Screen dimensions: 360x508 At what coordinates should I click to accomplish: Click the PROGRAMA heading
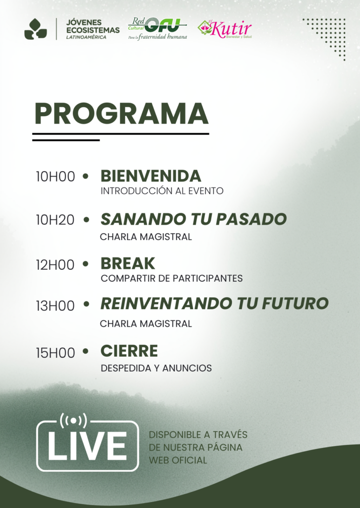pyautogui.click(x=121, y=114)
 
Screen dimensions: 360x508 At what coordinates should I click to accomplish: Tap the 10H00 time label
pyautogui.click(x=56, y=177)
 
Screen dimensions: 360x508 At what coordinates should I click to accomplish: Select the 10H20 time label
pyautogui.click(x=56, y=220)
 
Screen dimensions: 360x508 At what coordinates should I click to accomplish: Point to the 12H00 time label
pyautogui.click(x=56, y=265)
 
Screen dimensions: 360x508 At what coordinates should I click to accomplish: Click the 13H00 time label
pyautogui.click(x=56, y=306)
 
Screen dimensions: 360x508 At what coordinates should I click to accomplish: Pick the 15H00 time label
pyautogui.click(x=56, y=353)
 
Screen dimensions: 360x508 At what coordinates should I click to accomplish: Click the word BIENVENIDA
pyautogui.click(x=151, y=176)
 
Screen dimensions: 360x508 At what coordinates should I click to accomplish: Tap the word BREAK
pyautogui.click(x=128, y=263)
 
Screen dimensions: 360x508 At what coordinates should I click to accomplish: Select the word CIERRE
pyautogui.click(x=129, y=351)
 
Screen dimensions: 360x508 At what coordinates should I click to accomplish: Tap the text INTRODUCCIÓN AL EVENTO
pyautogui.click(x=162, y=191)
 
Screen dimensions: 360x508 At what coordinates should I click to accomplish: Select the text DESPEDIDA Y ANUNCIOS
pyautogui.click(x=156, y=368)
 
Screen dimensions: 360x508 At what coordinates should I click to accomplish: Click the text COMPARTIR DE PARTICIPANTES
pyautogui.click(x=172, y=278)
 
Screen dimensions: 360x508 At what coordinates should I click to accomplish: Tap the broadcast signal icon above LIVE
pyautogui.click(x=73, y=421)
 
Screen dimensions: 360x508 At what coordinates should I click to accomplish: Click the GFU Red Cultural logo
pyautogui.click(x=158, y=28)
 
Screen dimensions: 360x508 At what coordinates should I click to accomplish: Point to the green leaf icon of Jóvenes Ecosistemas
pyautogui.click(x=36, y=29)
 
